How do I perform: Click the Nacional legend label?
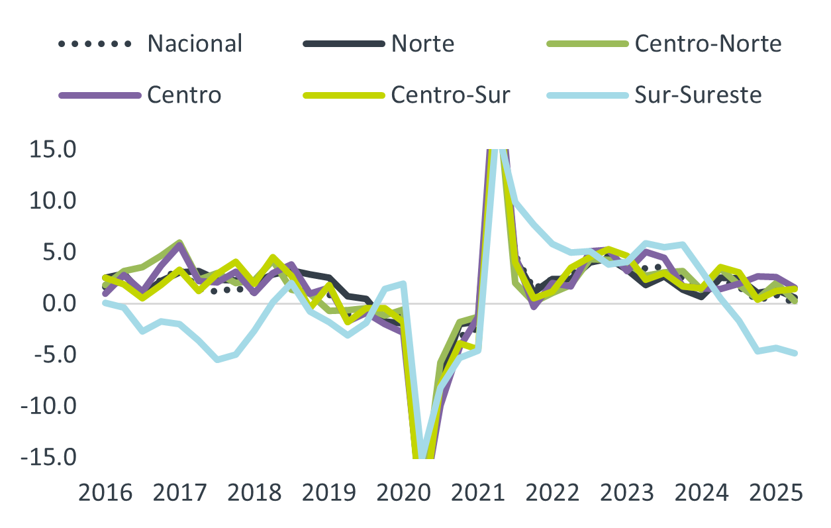pyautogui.click(x=195, y=44)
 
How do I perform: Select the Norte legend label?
pyautogui.click(x=422, y=44)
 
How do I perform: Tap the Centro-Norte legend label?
pyautogui.click(x=708, y=44)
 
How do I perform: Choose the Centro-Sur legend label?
pyautogui.click(x=450, y=95)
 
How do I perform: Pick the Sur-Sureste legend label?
pyautogui.click(x=698, y=95)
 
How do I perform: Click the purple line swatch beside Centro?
pyautogui.click(x=99, y=95)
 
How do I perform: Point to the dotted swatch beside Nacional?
pyautogui.click(x=95, y=44)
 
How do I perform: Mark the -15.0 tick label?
pyautogui.click(x=50, y=458)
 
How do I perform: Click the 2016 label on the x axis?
pyautogui.click(x=104, y=494)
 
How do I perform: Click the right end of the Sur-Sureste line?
pyautogui.click(x=796, y=354)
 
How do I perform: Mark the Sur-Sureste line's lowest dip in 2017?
pyautogui.click(x=217, y=360)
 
